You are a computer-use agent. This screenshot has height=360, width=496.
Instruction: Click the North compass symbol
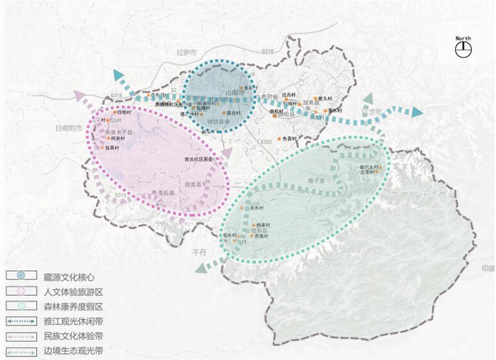tap(462, 49)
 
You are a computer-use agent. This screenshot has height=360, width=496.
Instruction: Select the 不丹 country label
tap(201, 251)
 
